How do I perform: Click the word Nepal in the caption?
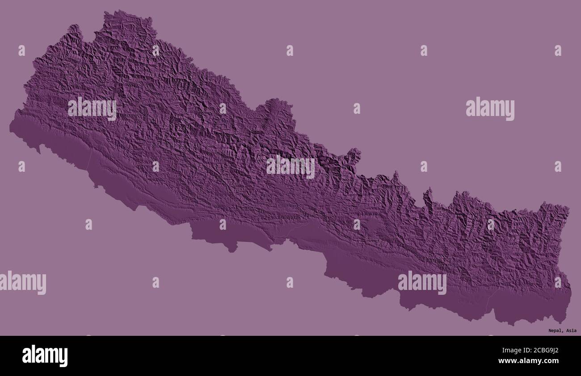[556, 331]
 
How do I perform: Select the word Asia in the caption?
[571, 331]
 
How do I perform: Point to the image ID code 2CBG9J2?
[543, 350]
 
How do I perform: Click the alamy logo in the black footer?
[45, 355]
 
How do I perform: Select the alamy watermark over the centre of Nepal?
[290, 167]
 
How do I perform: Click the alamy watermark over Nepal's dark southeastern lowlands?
[422, 283]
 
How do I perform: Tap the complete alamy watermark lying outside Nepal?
[490, 109]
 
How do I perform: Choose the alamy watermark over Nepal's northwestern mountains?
[92, 109]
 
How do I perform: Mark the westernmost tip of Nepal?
[11, 128]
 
